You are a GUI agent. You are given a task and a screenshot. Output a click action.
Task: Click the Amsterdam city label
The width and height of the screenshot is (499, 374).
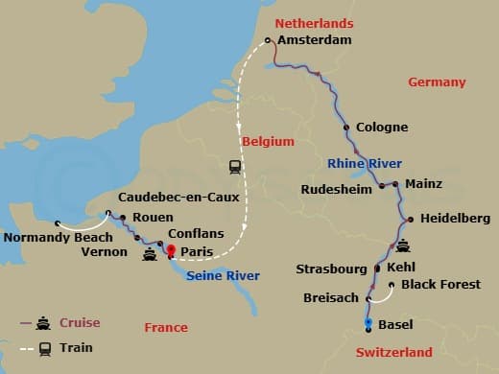click(315, 40)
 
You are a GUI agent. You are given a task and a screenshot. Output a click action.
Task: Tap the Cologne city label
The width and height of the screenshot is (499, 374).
click(382, 127)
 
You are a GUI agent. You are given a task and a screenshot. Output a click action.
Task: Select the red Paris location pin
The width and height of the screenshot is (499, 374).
click(172, 251)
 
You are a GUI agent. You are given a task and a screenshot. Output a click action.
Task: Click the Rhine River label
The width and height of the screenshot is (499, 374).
click(365, 163)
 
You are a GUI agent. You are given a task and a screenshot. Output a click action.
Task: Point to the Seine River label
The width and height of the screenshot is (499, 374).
click(222, 276)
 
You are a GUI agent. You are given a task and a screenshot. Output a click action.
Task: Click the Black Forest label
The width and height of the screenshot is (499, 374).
click(442, 285)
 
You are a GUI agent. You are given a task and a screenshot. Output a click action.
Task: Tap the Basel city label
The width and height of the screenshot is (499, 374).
click(396, 324)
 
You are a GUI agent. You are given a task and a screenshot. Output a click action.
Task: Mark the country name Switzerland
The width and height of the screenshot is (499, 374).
click(394, 352)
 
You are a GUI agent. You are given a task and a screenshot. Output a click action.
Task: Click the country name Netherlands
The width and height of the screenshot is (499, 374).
click(314, 23)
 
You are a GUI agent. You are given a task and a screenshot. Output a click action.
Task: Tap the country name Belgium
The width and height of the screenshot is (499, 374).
click(268, 141)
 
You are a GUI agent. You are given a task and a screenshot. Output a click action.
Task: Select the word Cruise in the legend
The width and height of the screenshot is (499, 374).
click(80, 322)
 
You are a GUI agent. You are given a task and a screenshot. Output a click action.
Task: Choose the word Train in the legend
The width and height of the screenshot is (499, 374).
click(75, 348)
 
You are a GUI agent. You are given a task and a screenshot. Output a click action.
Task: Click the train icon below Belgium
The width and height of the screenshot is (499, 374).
click(235, 166)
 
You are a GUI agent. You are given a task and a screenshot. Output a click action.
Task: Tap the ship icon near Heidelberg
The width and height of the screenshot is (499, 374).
click(405, 245)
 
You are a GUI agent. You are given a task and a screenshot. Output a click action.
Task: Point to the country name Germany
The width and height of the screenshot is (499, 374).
click(437, 82)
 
